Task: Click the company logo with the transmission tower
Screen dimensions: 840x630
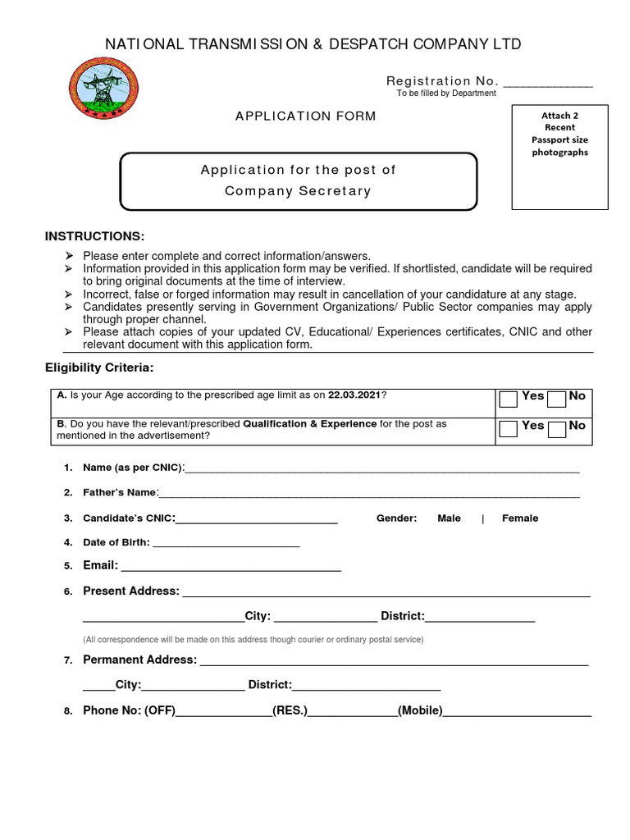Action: (103, 89)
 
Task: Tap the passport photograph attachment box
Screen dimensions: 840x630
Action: (559, 157)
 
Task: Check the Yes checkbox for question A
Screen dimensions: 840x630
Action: (509, 399)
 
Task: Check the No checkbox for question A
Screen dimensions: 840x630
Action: (557, 399)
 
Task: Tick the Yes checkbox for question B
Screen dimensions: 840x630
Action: (509, 428)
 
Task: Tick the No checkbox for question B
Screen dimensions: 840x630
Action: (557, 428)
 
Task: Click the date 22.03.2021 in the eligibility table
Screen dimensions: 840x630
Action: (354, 395)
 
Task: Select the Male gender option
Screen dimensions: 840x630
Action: (449, 518)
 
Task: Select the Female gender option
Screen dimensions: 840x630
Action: (520, 518)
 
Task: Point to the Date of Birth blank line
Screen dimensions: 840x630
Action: (226, 545)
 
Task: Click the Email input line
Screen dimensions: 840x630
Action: (231, 568)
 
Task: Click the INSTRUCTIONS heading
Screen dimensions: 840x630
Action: (94, 236)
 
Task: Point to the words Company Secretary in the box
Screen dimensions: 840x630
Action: (299, 191)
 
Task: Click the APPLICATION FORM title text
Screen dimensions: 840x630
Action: (306, 116)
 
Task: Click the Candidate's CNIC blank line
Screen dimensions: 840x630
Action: (257, 521)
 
